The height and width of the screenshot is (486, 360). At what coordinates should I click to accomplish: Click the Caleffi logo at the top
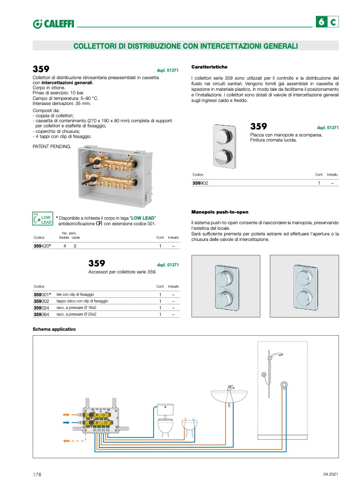[x=53, y=23]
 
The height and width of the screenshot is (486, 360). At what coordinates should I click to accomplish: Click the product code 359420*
[x=43, y=246]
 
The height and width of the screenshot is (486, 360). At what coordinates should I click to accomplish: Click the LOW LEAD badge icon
[x=42, y=219]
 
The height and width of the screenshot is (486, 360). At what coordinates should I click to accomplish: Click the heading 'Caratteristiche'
[x=209, y=67]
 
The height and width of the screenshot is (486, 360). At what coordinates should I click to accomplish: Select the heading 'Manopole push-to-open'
[x=220, y=212]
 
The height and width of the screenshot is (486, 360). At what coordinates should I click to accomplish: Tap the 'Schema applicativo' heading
[x=54, y=329]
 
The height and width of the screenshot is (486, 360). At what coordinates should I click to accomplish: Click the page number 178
[x=37, y=474]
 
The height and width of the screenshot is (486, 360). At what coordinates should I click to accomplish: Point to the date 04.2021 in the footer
[x=330, y=474]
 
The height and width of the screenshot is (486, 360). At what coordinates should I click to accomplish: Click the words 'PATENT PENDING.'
[x=52, y=146]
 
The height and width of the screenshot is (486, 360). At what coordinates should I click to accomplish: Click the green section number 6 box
[x=321, y=22]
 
